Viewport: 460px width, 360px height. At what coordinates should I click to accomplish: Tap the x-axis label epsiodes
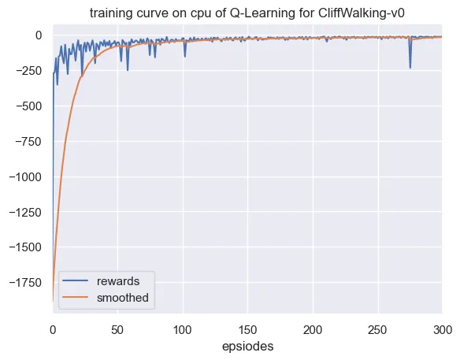247,347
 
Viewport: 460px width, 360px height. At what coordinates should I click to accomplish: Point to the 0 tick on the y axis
39,35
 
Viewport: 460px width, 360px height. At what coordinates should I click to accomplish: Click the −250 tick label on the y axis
28,71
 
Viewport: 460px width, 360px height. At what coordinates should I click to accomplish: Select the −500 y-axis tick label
28,106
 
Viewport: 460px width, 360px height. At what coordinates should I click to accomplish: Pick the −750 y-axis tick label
28,142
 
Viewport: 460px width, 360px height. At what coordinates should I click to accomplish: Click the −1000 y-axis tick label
25,177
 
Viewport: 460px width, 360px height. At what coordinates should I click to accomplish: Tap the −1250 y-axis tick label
25,212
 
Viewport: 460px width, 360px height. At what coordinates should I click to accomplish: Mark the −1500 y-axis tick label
25,247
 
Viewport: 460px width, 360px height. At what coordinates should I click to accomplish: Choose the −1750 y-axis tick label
25,283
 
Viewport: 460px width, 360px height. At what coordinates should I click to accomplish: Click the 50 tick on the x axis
117,330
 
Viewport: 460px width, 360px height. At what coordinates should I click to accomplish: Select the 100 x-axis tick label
183,330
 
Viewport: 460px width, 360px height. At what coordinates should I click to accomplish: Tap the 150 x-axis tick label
247,330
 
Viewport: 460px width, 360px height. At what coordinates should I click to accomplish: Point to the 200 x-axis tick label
313,330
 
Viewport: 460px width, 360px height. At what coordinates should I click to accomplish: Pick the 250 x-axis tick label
378,330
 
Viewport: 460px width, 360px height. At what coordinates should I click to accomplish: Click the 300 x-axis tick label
443,330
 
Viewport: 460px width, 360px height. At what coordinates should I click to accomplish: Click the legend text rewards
118,281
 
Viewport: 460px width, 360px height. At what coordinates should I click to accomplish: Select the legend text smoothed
123,298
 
